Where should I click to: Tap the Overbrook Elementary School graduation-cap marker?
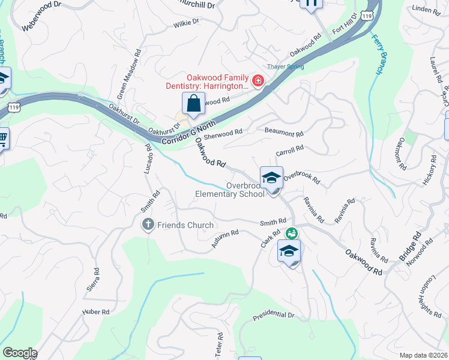(x=271, y=178)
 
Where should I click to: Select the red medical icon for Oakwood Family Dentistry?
(x=259, y=80)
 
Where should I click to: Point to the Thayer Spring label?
(x=286, y=67)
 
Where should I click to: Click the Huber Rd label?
(x=96, y=312)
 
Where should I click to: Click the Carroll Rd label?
(x=290, y=149)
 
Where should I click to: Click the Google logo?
(x=20, y=353)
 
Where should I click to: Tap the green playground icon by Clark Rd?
(x=292, y=233)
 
